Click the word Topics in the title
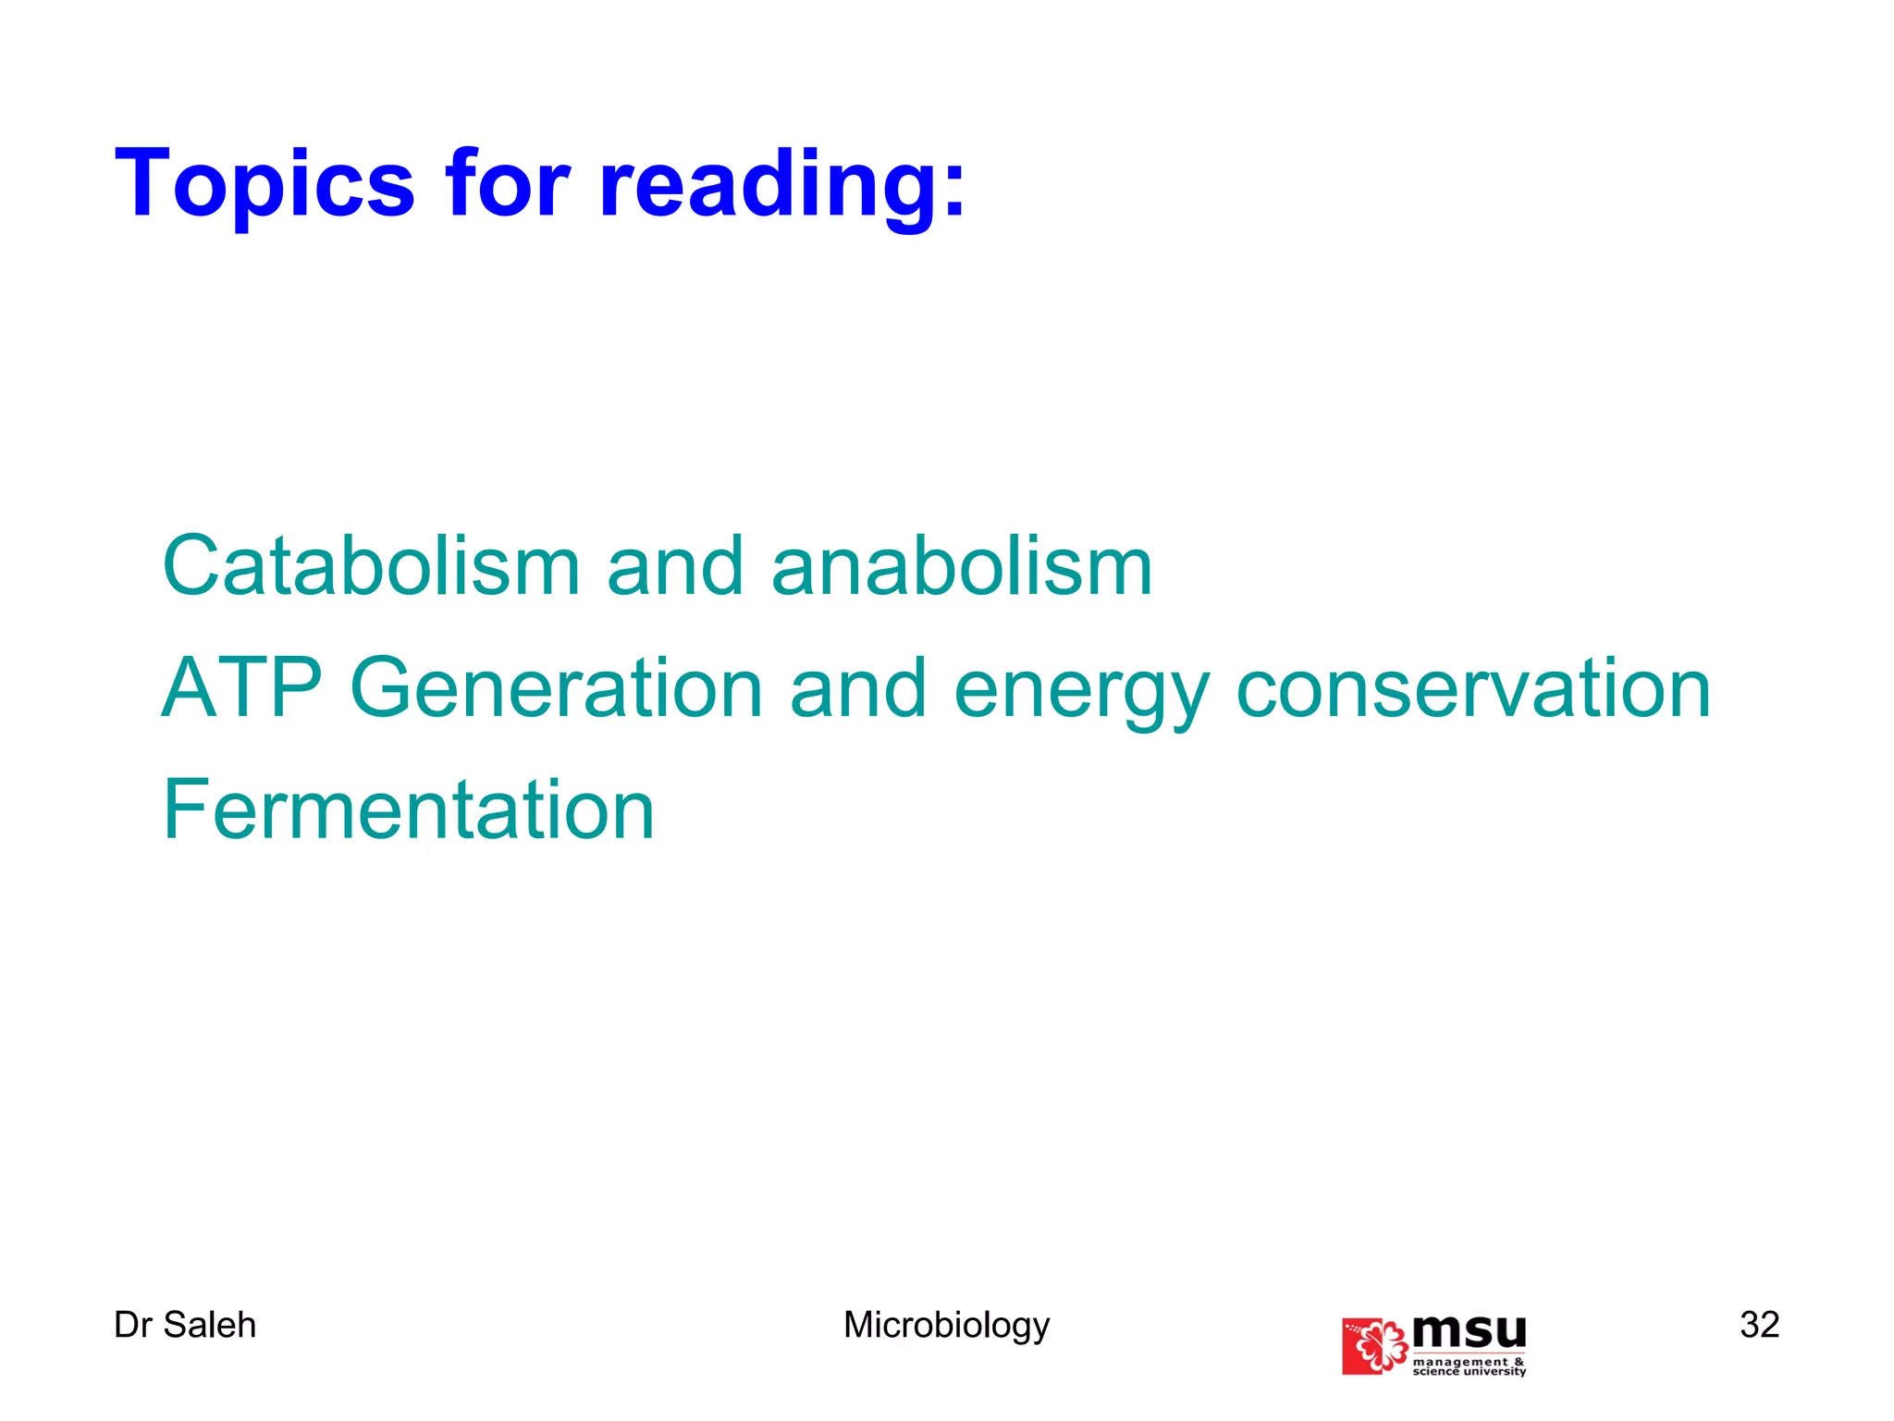pos(264,185)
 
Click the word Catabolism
pos(371,566)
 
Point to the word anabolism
pos(962,566)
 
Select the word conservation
pos(1473,689)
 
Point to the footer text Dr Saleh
pos(185,1325)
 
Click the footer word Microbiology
pos(946,1326)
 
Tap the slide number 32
pos(1759,1325)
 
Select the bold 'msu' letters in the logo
pos(1470,1332)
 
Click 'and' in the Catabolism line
pos(675,566)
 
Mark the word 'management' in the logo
pos(1460,1361)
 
